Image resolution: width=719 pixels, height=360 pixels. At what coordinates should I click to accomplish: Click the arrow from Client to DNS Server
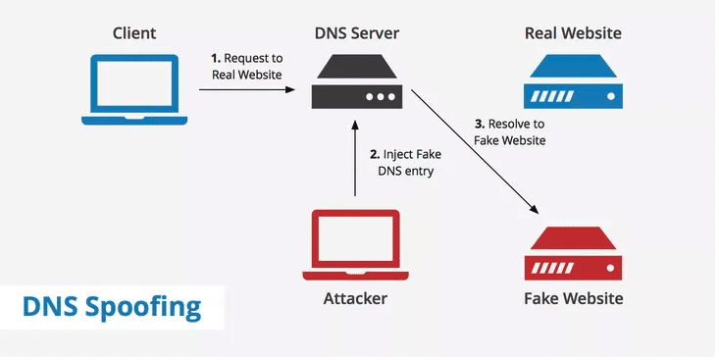click(247, 90)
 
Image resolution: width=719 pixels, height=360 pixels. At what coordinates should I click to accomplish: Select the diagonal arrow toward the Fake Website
click(476, 153)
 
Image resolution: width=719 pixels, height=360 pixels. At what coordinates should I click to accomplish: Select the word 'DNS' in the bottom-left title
click(49, 307)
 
